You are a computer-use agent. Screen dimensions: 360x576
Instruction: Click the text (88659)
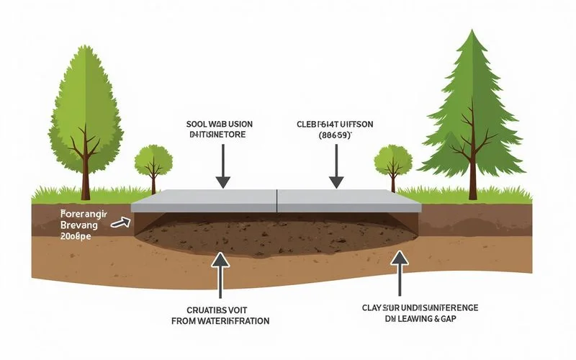point(336,135)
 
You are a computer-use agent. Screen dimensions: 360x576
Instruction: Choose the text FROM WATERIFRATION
point(220,321)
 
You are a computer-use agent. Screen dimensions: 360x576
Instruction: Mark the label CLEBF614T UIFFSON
point(336,124)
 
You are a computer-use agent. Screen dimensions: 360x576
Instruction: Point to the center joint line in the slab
point(277,200)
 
